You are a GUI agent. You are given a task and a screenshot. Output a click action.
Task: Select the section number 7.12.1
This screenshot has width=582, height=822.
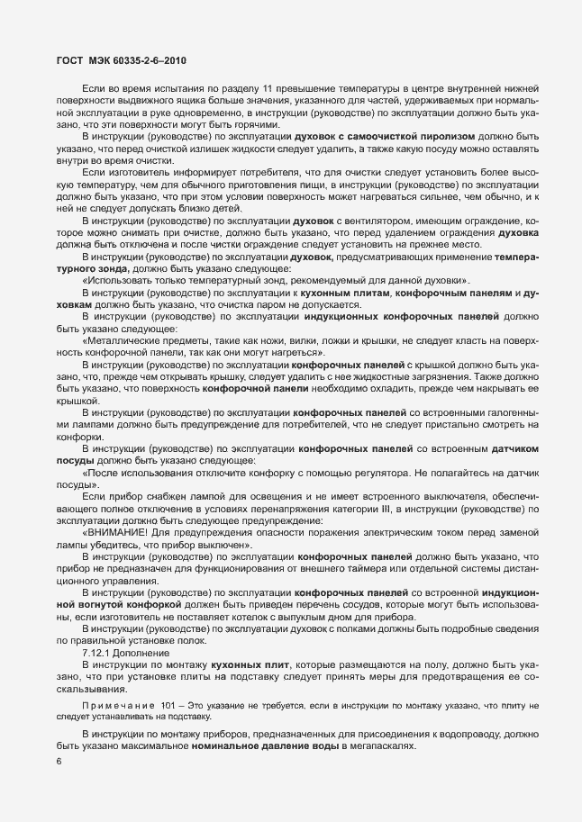95,652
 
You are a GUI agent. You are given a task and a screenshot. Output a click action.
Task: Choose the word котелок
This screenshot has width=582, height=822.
263,619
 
